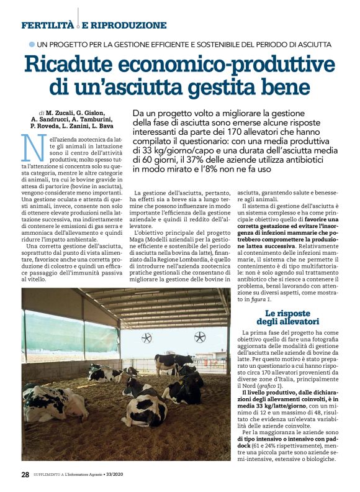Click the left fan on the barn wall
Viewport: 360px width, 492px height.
pos(147,338)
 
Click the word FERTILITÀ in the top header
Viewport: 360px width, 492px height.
pos(47,25)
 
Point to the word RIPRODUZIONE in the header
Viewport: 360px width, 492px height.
pos(130,25)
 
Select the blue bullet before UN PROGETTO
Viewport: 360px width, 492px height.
pos(32,44)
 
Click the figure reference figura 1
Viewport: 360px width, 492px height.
pos(263,299)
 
